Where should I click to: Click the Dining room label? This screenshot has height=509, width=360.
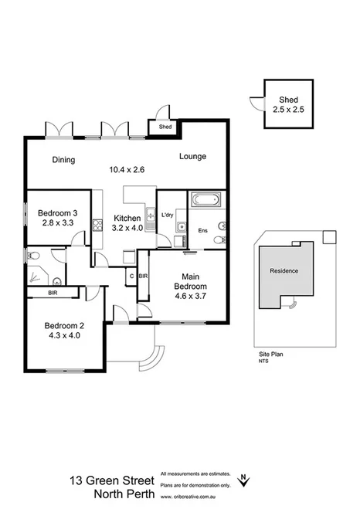(63, 160)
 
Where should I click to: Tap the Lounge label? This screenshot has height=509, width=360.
(192, 157)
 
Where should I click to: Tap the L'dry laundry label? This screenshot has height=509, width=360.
(166, 214)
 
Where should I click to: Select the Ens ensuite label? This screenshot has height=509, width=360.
(202, 231)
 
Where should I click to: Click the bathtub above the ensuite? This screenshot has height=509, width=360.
(205, 201)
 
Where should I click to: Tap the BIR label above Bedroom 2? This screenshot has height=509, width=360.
(53, 293)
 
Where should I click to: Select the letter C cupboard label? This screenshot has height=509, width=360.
(131, 276)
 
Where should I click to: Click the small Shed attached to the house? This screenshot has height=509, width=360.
(165, 127)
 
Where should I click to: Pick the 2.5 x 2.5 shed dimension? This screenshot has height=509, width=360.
(288, 110)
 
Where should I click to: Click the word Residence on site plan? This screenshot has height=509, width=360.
(284, 271)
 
